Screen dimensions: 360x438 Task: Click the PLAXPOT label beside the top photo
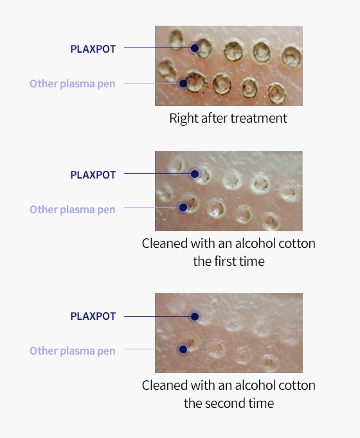pos(93,49)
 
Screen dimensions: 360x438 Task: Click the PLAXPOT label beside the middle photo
pos(93,175)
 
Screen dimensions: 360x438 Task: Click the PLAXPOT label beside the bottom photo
pos(93,316)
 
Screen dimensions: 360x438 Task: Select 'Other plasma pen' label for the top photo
pos(73,83)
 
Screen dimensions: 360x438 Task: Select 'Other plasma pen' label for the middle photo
pos(73,209)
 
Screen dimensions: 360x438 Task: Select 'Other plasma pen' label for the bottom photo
pos(73,351)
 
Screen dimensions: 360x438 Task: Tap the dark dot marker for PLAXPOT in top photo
pos(195,48)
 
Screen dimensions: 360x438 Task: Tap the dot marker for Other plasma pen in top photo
pos(183,83)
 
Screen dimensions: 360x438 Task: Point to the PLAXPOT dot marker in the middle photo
pos(195,174)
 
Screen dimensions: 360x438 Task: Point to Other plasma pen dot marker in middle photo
pos(183,207)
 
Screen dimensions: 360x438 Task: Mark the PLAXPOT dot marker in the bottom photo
pos(195,317)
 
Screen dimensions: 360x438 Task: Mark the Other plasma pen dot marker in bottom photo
pos(183,349)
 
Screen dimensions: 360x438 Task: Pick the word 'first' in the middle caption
pos(227,261)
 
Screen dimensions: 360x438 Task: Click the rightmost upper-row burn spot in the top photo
pos(291,57)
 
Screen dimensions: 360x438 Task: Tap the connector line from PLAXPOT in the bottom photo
pos(157,317)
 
